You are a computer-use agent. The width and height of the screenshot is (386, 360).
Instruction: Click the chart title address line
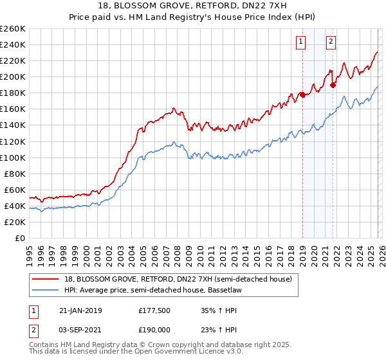coord(193,5)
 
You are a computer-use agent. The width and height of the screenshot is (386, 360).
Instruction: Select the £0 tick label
coord(19,238)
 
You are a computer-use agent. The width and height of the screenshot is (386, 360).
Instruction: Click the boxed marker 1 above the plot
coord(300,42)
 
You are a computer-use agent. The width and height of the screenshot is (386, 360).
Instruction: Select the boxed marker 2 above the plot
coord(331,42)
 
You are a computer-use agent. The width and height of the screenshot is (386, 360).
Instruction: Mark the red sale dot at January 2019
coord(302,95)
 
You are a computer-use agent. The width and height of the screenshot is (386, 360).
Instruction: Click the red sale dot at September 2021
coord(333,85)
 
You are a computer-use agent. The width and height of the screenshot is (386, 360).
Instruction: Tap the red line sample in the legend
coord(46,279)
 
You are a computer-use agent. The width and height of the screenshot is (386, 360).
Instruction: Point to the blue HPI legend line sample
coord(46,289)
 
